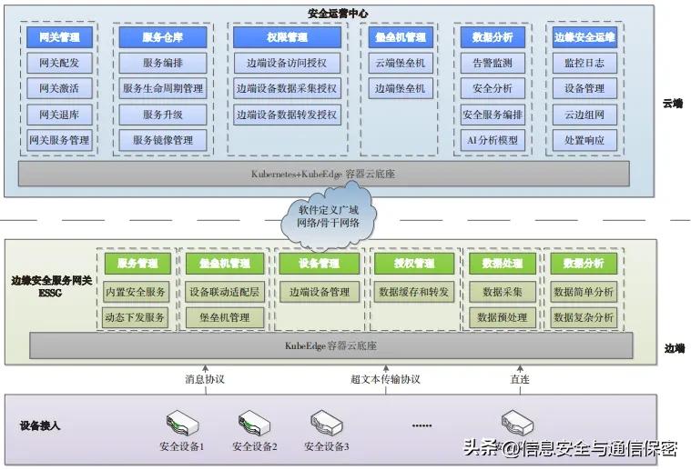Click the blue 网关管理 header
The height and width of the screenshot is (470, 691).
click(59, 37)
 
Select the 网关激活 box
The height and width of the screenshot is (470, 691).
click(59, 89)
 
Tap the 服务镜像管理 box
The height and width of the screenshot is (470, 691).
click(162, 141)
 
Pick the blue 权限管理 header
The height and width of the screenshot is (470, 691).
click(287, 37)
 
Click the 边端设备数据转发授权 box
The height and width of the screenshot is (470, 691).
click(287, 115)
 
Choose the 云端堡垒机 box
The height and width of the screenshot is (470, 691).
click(400, 64)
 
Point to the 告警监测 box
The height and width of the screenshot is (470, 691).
click(493, 64)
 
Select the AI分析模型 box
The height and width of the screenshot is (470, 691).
click(493, 141)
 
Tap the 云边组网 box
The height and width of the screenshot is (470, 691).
click(584, 115)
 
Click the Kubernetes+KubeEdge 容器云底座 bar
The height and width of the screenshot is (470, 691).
click(323, 173)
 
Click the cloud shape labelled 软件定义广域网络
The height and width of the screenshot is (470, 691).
click(329, 216)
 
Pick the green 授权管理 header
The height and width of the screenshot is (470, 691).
click(413, 264)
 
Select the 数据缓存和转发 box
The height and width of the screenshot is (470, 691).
click(413, 293)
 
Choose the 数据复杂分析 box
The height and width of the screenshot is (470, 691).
click(584, 317)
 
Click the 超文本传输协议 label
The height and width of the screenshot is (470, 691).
click(385, 379)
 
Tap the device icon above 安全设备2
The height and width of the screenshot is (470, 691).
click(254, 423)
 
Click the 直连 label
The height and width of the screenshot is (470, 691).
click(519, 379)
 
